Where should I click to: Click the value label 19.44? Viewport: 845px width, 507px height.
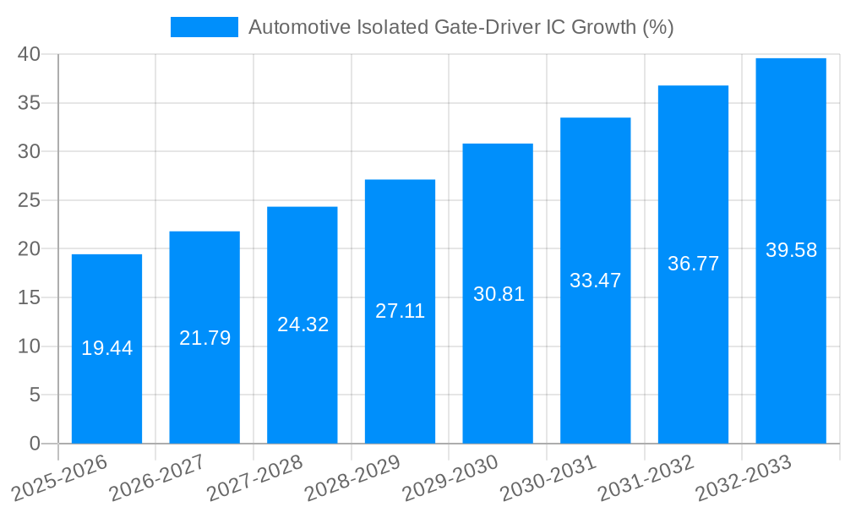[106, 348]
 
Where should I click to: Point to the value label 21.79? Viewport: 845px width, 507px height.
[204, 338]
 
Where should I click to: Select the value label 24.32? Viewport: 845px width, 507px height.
[303, 324]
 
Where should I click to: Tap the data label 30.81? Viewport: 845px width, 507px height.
[498, 294]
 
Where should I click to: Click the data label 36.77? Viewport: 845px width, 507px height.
[693, 264]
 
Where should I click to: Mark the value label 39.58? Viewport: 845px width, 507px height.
[791, 250]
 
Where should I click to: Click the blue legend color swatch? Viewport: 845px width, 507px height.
[204, 27]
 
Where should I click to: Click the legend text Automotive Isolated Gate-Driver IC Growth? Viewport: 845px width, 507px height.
[461, 27]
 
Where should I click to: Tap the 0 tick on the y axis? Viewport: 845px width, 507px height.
[35, 444]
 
